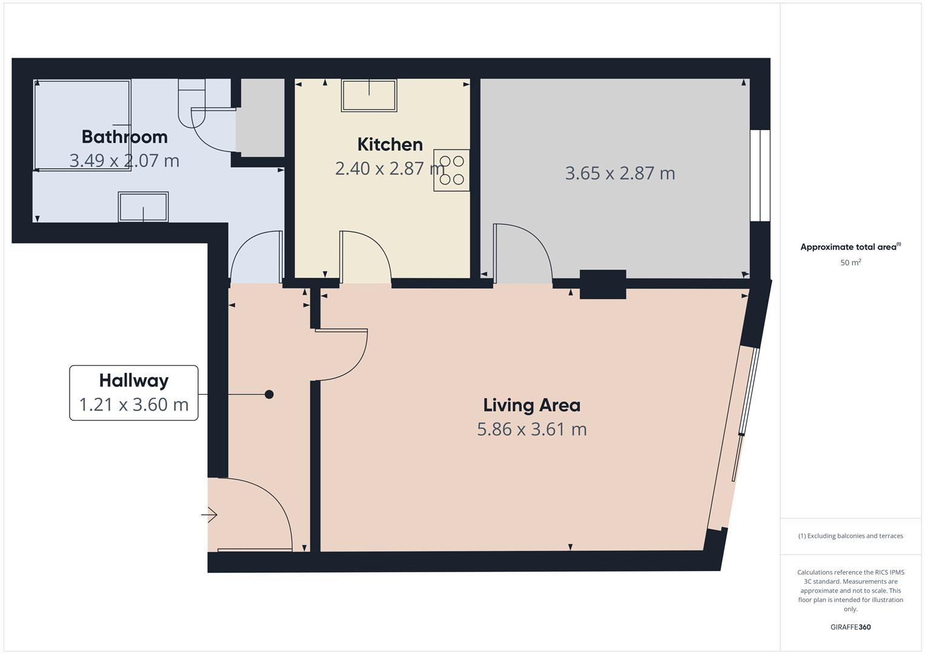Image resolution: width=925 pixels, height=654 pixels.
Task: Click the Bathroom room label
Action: click(x=124, y=137)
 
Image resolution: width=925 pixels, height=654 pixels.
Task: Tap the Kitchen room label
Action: click(x=390, y=144)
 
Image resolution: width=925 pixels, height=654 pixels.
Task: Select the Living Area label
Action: click(x=531, y=405)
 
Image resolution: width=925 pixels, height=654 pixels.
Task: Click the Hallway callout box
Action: click(x=134, y=392)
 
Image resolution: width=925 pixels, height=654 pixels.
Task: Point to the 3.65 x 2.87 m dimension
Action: click(x=620, y=173)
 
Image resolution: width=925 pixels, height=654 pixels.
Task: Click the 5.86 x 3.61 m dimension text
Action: click(x=531, y=429)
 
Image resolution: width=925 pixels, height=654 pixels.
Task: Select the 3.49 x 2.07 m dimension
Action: click(x=124, y=160)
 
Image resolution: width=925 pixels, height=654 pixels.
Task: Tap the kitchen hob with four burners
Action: click(x=451, y=170)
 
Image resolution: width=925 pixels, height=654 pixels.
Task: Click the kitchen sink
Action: click(x=369, y=95)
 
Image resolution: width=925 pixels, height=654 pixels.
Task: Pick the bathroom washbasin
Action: click(x=143, y=207)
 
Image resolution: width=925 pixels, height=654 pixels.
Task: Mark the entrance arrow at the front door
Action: click(x=210, y=515)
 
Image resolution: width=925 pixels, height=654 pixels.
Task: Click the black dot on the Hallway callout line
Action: click(x=269, y=395)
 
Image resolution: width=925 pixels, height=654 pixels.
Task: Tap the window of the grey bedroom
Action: click(x=760, y=176)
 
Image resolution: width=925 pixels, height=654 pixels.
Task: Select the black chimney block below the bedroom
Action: click(x=602, y=285)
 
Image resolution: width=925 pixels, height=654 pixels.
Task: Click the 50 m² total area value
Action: click(x=850, y=263)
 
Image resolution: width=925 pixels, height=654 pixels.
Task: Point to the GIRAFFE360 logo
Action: click(x=850, y=627)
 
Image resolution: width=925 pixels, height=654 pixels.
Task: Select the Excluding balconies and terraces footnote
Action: click(x=850, y=536)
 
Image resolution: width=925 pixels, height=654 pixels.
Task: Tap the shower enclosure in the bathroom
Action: click(x=82, y=125)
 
